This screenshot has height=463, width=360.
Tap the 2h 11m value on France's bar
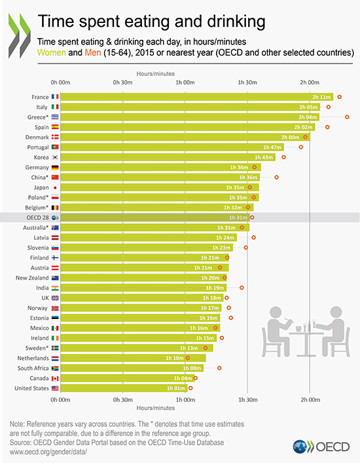point(321,97)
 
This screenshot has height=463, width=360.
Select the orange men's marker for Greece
point(348,117)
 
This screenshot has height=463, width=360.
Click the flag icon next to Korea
point(56,157)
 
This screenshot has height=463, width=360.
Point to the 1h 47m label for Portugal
point(272,147)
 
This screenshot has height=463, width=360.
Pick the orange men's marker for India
point(242,287)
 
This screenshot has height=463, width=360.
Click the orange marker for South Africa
point(219,368)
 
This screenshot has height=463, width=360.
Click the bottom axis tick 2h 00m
point(310,399)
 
